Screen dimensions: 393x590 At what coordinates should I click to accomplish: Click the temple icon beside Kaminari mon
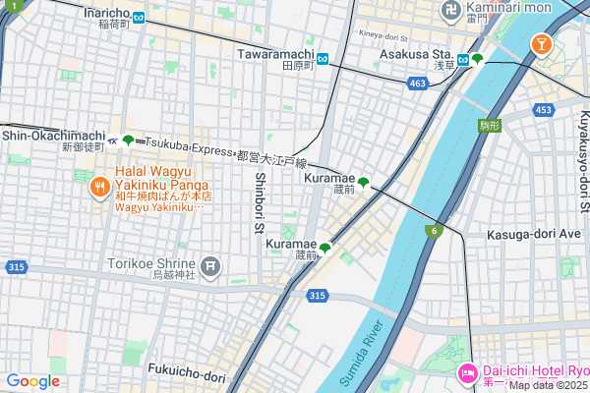click(x=450, y=12)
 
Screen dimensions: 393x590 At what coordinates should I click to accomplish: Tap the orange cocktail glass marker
click(x=540, y=43)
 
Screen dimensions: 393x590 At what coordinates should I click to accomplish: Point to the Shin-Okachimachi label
click(x=53, y=136)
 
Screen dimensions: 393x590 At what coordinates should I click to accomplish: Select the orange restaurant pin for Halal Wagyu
click(x=98, y=187)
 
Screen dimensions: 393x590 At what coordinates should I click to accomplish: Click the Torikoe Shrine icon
click(x=210, y=264)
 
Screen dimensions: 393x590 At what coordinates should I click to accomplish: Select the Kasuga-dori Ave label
click(x=535, y=236)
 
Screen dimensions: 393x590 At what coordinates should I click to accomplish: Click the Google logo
click(x=32, y=381)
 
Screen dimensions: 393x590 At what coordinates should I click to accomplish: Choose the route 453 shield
click(x=544, y=110)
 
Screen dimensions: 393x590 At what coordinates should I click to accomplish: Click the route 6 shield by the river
click(x=432, y=230)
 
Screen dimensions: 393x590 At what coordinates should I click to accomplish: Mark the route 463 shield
click(x=418, y=85)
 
